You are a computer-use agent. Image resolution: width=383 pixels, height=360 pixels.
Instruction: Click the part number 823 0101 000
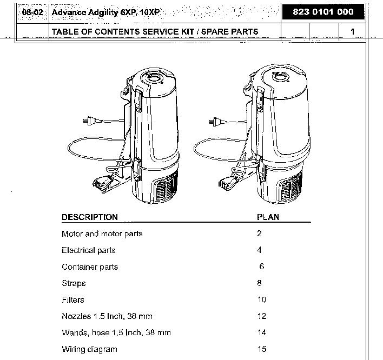[x=323, y=12]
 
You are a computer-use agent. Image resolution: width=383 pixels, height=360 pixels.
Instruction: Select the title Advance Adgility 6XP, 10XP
[x=105, y=12]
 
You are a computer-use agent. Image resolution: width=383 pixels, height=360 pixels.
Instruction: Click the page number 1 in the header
[x=352, y=31]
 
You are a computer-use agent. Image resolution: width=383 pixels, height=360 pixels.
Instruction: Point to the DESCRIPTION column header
[x=89, y=217]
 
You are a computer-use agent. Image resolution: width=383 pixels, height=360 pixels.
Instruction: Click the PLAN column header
[x=268, y=217]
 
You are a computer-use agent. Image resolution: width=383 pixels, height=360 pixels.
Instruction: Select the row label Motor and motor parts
[x=102, y=234]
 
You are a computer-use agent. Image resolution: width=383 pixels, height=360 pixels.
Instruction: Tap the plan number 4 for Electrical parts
[x=260, y=250]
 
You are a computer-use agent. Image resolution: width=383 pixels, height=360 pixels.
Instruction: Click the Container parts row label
[x=89, y=267]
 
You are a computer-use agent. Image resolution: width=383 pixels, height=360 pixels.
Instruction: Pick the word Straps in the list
[x=74, y=283]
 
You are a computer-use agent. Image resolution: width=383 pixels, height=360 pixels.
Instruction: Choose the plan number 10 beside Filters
[x=262, y=299]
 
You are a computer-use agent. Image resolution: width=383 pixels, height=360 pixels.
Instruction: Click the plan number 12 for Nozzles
[x=262, y=316]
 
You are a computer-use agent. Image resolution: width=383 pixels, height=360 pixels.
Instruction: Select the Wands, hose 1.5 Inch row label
[x=116, y=332]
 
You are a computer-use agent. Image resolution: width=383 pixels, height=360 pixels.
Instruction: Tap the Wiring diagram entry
[x=89, y=349]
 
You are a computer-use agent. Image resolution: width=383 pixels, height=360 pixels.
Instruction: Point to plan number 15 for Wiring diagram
[x=262, y=349]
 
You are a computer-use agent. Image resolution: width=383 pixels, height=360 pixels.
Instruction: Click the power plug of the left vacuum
[x=86, y=122]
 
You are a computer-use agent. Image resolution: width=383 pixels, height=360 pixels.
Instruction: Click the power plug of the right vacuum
[x=215, y=122]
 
